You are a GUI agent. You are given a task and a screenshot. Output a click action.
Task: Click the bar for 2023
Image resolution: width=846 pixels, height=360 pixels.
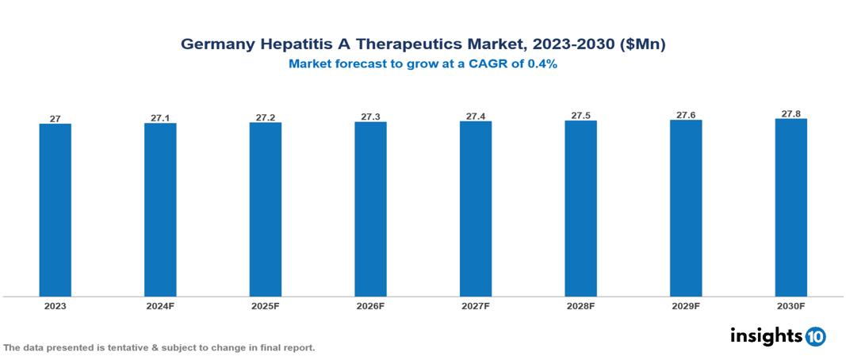pyautogui.click(x=56, y=210)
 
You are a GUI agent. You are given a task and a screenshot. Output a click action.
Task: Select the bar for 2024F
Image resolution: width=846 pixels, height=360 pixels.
pyautogui.click(x=160, y=210)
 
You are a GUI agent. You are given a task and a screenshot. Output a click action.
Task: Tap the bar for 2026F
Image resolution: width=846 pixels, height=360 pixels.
pyautogui.click(x=370, y=209)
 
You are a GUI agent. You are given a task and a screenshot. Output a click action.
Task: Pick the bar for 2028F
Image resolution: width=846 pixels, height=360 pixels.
pyautogui.click(x=580, y=209)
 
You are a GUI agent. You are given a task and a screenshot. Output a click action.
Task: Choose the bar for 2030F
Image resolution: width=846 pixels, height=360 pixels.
pyautogui.click(x=790, y=208)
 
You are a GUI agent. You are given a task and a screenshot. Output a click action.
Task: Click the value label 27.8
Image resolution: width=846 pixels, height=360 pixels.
pyautogui.click(x=790, y=113)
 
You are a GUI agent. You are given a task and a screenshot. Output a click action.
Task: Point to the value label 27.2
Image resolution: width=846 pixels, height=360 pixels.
pyautogui.click(x=266, y=117)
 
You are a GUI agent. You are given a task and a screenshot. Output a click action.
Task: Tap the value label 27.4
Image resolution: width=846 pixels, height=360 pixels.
pyautogui.click(x=476, y=116)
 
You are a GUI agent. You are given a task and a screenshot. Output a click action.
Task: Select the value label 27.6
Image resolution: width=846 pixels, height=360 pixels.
pyautogui.click(x=686, y=115)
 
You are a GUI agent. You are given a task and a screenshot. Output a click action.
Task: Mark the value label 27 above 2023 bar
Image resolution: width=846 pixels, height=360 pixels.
pyautogui.click(x=56, y=119)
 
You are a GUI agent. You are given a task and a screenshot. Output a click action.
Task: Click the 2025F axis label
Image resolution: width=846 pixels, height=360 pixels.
pyautogui.click(x=266, y=306)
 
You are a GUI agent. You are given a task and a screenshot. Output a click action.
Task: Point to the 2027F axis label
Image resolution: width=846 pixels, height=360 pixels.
pyautogui.click(x=476, y=306)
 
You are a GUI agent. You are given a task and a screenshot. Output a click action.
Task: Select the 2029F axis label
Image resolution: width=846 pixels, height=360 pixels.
pyautogui.click(x=686, y=306)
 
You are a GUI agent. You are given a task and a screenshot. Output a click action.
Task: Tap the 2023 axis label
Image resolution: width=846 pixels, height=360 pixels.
pyautogui.click(x=56, y=306)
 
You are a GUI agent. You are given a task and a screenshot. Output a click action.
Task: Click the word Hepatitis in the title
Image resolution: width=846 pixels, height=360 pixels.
pyautogui.click(x=295, y=44)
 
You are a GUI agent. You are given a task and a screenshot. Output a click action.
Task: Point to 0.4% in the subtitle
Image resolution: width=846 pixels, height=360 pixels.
pyautogui.click(x=540, y=64)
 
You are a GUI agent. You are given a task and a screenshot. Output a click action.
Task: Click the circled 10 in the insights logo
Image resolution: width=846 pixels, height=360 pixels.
pyautogui.click(x=815, y=336)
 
